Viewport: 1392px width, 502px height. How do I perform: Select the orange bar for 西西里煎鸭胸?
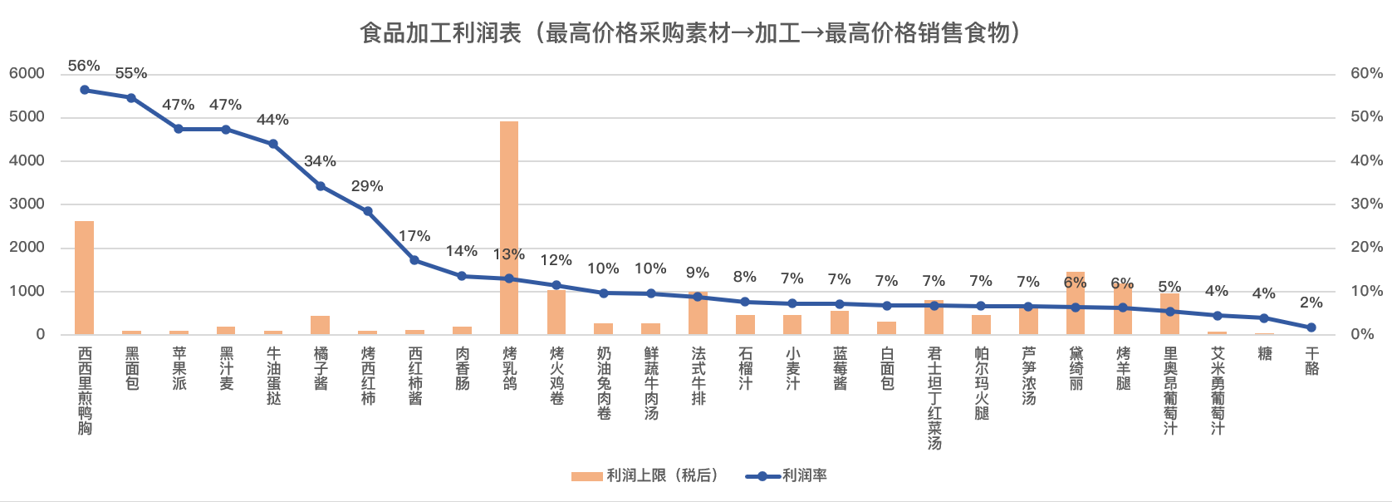(85, 278)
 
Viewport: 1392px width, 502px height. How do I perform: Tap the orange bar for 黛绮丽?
(1076, 303)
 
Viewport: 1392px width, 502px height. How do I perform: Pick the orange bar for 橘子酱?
(321, 325)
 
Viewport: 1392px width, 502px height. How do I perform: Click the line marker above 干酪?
(1311, 327)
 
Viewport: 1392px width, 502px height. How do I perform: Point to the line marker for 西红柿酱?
(414, 260)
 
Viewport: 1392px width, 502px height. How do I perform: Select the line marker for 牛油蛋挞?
(273, 144)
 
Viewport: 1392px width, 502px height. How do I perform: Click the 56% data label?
(84, 66)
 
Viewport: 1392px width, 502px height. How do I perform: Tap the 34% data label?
(320, 161)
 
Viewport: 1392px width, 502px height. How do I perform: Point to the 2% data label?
(1311, 303)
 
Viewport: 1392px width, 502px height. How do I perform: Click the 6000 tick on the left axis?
(27, 73)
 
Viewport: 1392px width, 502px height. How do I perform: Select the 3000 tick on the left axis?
(27, 204)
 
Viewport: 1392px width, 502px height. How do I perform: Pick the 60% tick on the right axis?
(1366, 73)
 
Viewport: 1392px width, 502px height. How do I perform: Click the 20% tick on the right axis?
(1366, 247)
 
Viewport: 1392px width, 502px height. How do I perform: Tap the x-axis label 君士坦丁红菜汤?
(934, 398)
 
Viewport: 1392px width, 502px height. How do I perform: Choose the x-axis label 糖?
(1265, 354)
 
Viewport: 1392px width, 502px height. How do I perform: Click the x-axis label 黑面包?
(132, 369)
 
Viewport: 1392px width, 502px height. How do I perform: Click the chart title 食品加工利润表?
(689, 32)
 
